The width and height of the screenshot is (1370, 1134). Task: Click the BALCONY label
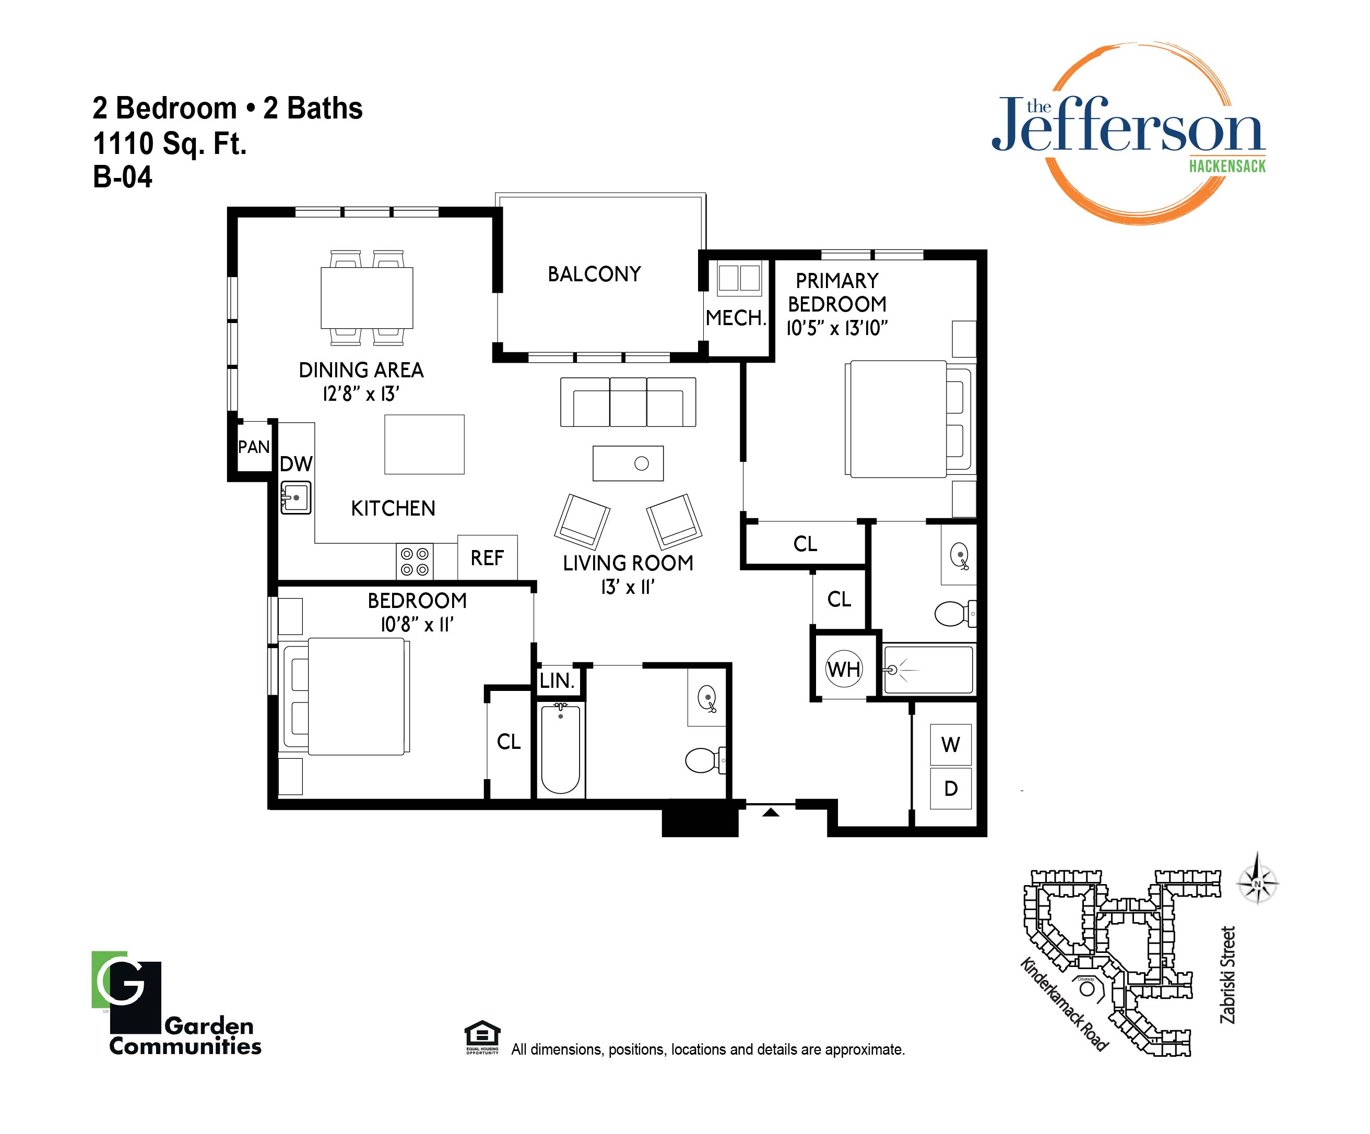pos(594,274)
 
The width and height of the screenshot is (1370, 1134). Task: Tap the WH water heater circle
pos(844,669)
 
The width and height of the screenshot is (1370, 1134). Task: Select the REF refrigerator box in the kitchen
pos(487,557)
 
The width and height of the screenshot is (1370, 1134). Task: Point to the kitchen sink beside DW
pos(296,497)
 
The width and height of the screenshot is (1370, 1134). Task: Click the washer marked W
pos(951,745)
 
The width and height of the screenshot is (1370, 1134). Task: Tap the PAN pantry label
pos(254,447)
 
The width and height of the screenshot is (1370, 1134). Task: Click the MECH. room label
pos(736,318)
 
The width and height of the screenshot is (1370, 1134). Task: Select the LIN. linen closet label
pos(557,681)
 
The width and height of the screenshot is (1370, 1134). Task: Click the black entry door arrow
pos(771,812)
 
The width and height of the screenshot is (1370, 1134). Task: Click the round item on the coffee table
pos(641,463)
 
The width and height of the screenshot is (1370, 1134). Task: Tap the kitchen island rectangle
pos(424,444)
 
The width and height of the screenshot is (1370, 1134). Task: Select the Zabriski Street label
pos(1228,975)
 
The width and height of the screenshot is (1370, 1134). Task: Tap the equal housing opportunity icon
pos(482,1037)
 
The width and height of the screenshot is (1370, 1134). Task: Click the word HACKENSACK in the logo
pos(1227,166)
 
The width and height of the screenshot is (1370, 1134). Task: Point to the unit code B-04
pos(123,177)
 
